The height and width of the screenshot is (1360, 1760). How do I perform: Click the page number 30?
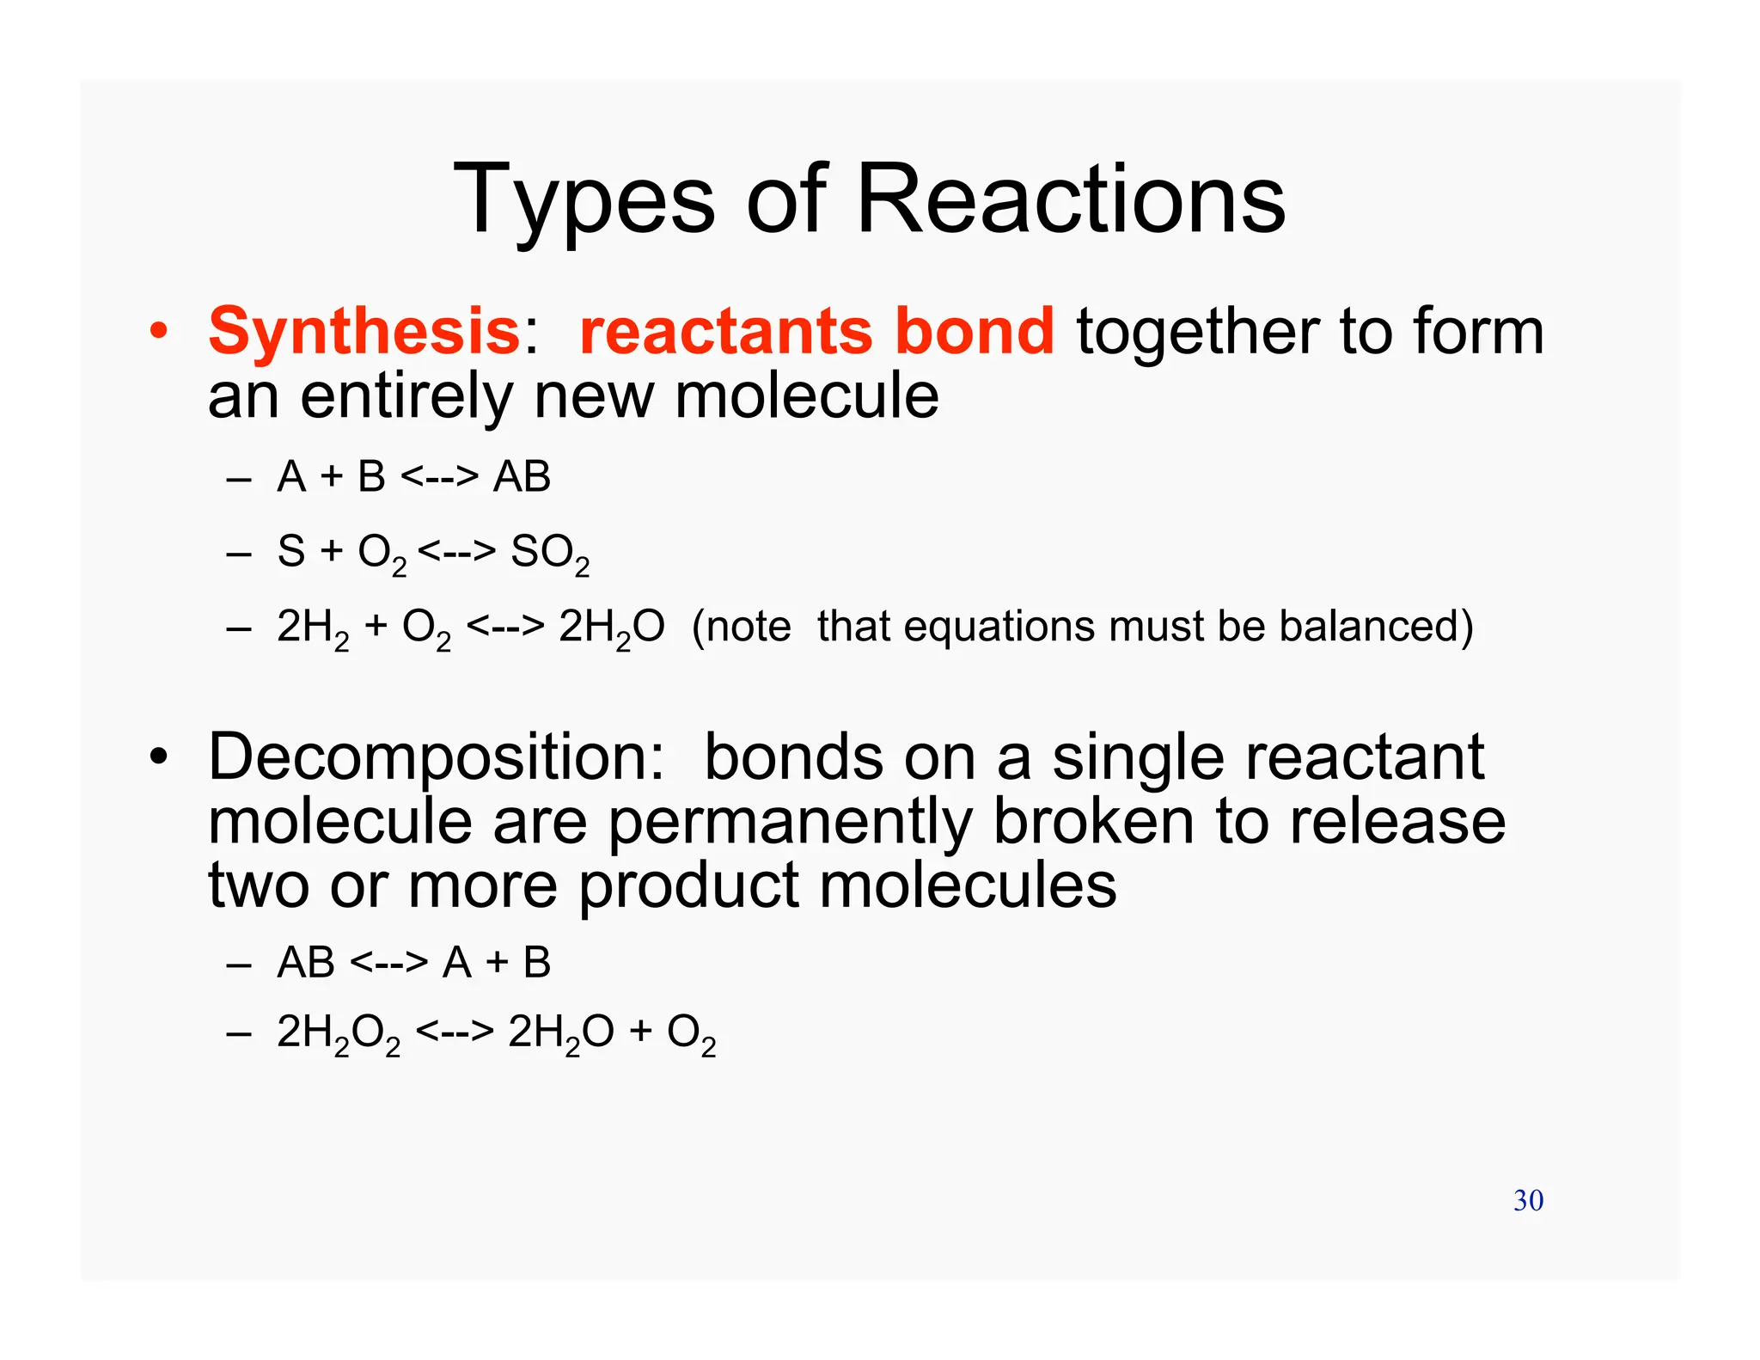tap(1528, 1200)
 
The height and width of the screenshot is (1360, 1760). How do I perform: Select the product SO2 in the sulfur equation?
tap(550, 553)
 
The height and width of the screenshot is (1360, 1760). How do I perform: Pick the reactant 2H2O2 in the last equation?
tap(339, 1033)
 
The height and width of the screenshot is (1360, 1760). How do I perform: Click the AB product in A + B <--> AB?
tap(522, 476)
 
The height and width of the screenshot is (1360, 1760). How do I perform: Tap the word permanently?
tap(790, 822)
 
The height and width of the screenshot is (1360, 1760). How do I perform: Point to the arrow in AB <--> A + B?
tap(388, 962)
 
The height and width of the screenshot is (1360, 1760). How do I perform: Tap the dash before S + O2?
tap(238, 553)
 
